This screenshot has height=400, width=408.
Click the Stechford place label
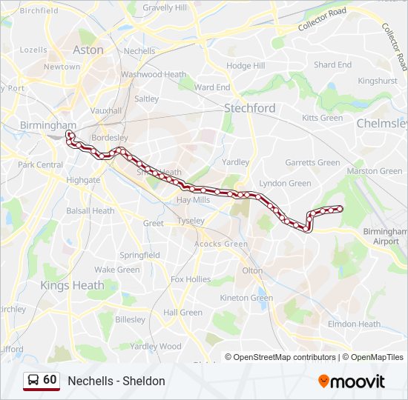[250, 108]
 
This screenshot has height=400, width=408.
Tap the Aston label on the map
[88, 50]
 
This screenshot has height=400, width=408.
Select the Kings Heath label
[72, 285]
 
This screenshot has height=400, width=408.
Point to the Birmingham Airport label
[386, 236]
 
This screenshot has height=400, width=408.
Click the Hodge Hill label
[246, 66]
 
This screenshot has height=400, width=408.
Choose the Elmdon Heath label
[354, 324]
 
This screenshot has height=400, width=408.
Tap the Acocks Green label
[221, 244]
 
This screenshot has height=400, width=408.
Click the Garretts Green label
[312, 163]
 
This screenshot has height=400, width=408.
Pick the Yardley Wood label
[156, 346]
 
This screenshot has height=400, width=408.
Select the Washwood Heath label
[154, 75]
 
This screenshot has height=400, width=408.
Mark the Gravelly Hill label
[165, 8]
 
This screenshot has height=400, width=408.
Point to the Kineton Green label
[246, 298]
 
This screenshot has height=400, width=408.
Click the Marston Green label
[375, 171]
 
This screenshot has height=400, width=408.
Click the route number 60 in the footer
[50, 380]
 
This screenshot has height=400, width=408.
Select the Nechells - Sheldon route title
[116, 381]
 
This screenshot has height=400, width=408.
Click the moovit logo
[352, 381]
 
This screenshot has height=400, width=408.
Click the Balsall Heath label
[90, 210]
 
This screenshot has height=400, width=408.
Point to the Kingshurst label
[377, 81]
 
